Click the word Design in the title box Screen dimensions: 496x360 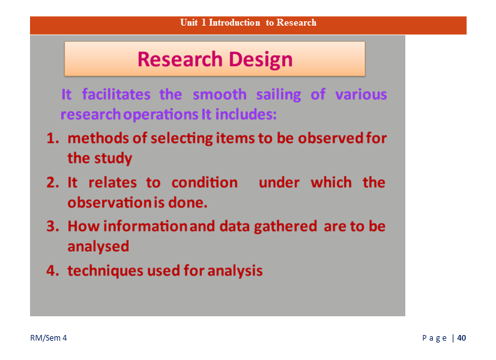tap(261, 60)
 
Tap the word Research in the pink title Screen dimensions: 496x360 tap(180, 59)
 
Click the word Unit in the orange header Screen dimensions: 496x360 tap(189, 22)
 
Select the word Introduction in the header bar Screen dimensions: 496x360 tap(235, 22)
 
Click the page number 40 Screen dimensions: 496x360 tap(462, 338)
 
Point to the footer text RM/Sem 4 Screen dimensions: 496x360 tap(48, 338)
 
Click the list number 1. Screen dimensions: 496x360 tap(53, 138)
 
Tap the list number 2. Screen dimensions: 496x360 tap(53, 182)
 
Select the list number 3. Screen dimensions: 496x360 tap(53, 227)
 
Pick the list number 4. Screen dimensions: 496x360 tap(53, 271)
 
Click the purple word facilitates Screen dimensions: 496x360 tap(116, 94)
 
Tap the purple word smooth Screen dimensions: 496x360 tap(220, 94)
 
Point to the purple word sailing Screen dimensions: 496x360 tap(278, 95)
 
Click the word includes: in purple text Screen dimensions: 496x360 tap(246, 114)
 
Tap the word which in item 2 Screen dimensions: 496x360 tap(332, 182)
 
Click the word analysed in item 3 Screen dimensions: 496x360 tap(98, 246)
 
